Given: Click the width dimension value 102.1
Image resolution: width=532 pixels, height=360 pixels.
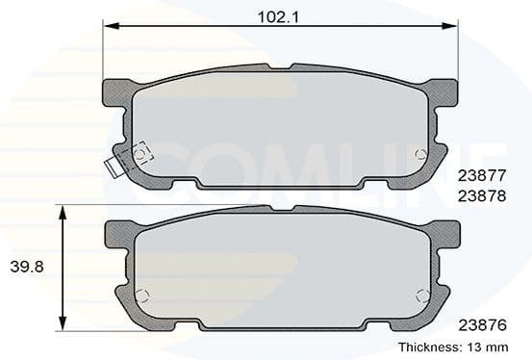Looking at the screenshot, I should coord(277,15).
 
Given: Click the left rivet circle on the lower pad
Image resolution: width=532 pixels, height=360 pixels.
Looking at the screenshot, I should coord(142,296).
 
